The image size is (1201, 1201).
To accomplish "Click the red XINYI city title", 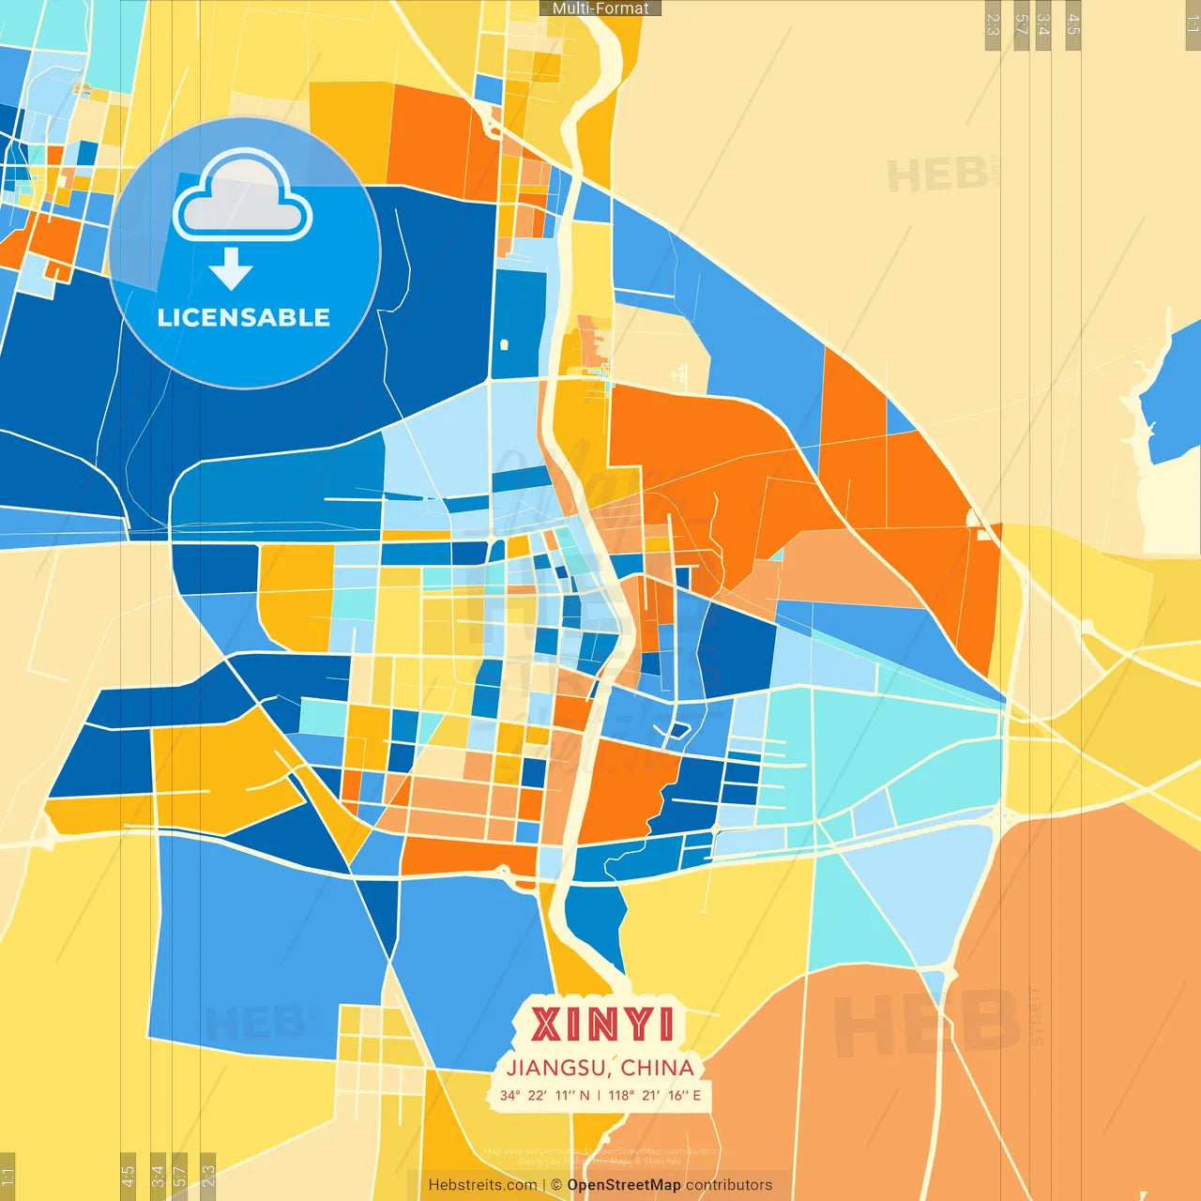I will coord(601,1025).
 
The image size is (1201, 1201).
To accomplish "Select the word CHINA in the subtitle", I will coord(657,1068).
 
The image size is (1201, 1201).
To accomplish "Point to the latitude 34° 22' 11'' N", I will coord(544,1095).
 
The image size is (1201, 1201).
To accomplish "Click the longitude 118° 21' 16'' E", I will coord(654,1095).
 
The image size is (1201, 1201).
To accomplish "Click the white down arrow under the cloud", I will coord(231,269).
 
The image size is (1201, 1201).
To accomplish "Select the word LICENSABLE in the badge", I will coord(243,317).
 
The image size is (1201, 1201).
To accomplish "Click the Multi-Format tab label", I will coord(600,8).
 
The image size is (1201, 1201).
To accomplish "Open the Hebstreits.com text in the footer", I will coord(482,1185).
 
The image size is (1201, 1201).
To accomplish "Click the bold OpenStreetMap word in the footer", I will coord(624,1185).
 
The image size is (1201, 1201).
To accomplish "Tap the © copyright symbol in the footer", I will coord(556,1185).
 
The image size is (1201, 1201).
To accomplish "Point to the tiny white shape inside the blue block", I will coord(504,344).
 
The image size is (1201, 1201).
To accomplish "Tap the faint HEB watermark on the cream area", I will coord(936,175).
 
